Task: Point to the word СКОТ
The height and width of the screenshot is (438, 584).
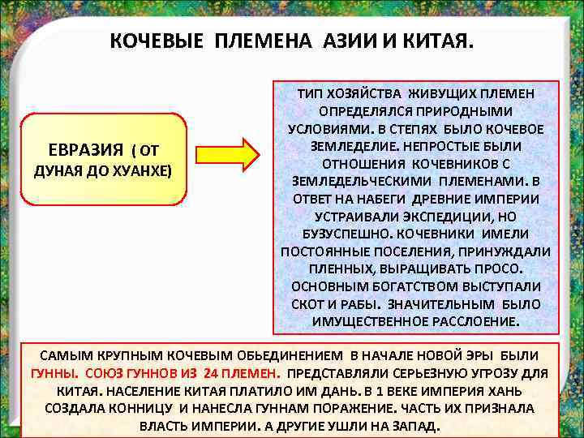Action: click(307, 305)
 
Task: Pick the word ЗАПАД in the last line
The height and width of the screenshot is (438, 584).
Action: click(415, 427)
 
